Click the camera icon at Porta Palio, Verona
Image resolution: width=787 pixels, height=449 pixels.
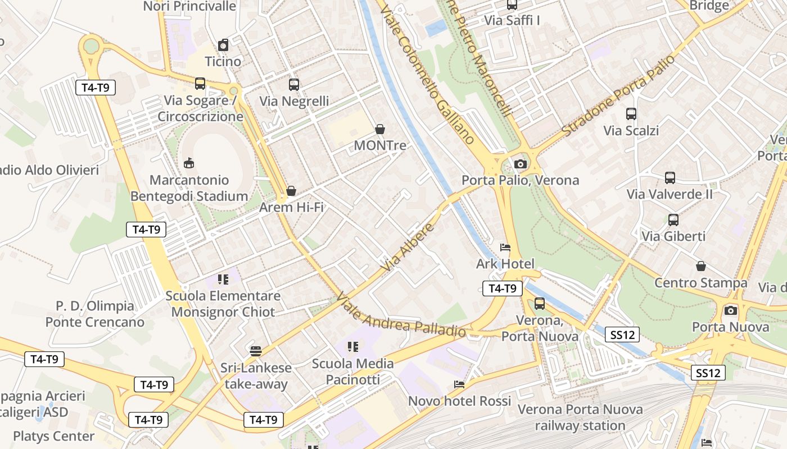[521, 164]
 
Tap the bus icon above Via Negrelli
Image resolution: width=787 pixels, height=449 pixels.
[293, 85]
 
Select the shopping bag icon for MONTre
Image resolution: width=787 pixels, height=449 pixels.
[380, 129]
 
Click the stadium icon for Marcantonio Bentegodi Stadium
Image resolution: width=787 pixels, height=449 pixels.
[189, 163]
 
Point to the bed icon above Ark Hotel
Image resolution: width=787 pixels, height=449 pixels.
[505, 248]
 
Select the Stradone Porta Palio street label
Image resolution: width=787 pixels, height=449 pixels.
[618, 95]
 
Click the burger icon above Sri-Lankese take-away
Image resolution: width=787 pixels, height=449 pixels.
[256, 351]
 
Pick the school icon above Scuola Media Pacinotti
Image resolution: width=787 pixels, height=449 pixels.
[352, 347]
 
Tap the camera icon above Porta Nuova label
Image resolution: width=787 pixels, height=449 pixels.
[730, 310]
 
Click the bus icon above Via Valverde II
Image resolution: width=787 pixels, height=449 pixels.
[670, 178]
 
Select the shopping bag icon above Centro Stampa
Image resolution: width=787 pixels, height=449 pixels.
[700, 266]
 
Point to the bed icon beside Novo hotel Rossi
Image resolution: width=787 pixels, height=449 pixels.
[459, 384]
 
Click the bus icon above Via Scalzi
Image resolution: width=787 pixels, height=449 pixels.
[631, 114]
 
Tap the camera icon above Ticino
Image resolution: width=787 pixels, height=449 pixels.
[223, 45]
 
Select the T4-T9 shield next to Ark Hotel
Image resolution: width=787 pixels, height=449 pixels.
[503, 288]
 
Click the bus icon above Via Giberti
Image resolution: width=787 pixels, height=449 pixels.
[673, 219]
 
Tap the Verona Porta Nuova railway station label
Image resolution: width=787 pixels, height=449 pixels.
[580, 418]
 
